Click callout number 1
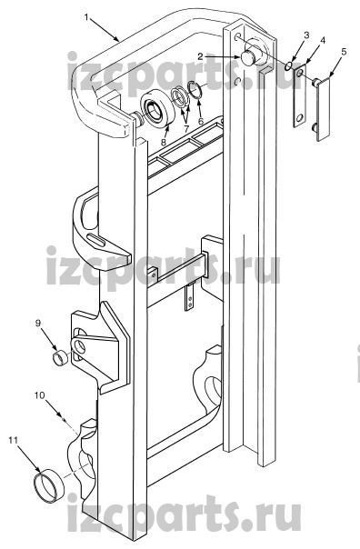pos(86,17)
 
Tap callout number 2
pos(200,56)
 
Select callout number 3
pos(306,35)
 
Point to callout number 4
pos(323,40)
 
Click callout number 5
pos(344,52)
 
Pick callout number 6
pos(201,121)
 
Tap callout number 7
pos(186,128)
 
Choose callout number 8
pos(164,142)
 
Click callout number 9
pos(38,324)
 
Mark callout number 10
pos(40,395)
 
